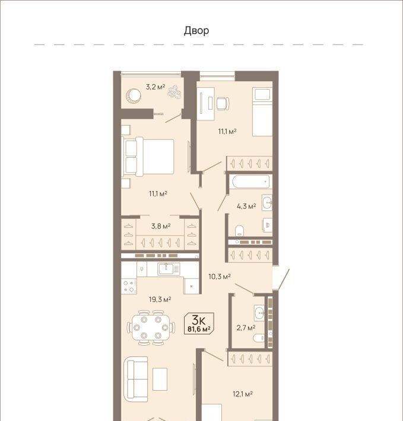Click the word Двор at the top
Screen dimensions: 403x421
(196, 31)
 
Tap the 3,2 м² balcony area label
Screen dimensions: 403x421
(156, 87)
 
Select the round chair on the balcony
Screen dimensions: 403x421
(134, 95)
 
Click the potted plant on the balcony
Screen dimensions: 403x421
(174, 92)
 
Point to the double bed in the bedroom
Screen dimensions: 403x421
(148, 157)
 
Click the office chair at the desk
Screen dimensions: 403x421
(223, 103)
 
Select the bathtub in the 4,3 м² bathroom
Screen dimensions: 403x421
(250, 182)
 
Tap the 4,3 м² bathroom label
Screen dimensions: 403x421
(246, 206)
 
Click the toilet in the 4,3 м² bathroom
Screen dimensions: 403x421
(239, 231)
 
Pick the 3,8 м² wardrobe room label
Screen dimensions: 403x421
(161, 226)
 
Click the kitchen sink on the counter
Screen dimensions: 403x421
(168, 269)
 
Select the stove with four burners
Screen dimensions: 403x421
(129, 286)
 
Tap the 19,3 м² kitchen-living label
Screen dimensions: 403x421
(160, 299)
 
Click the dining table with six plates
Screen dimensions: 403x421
(151, 327)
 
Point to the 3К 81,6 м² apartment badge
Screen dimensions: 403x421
(199, 324)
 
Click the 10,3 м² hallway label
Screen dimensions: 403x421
(220, 276)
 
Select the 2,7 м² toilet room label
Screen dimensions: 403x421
(246, 327)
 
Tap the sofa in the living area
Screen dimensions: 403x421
(136, 379)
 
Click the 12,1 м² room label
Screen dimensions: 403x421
(243, 394)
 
